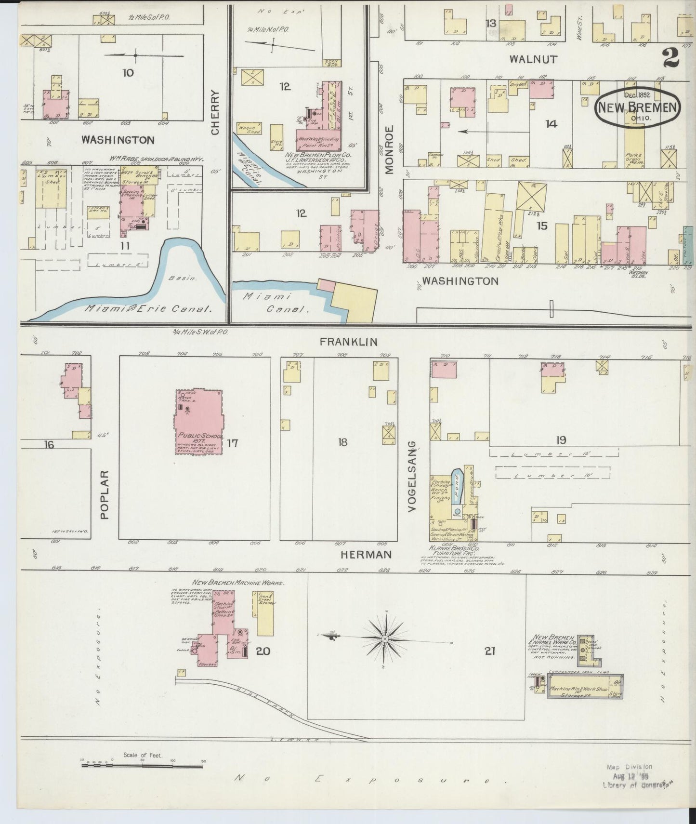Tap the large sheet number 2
[x=670, y=59]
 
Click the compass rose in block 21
[x=385, y=639]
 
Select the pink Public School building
[x=198, y=422]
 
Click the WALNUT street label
[x=533, y=59]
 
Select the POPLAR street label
[x=105, y=494]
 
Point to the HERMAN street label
[x=366, y=555]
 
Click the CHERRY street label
[x=215, y=112]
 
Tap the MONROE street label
[x=389, y=149]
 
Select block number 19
[x=561, y=439]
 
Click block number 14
[x=551, y=124]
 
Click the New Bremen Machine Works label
[x=238, y=583]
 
